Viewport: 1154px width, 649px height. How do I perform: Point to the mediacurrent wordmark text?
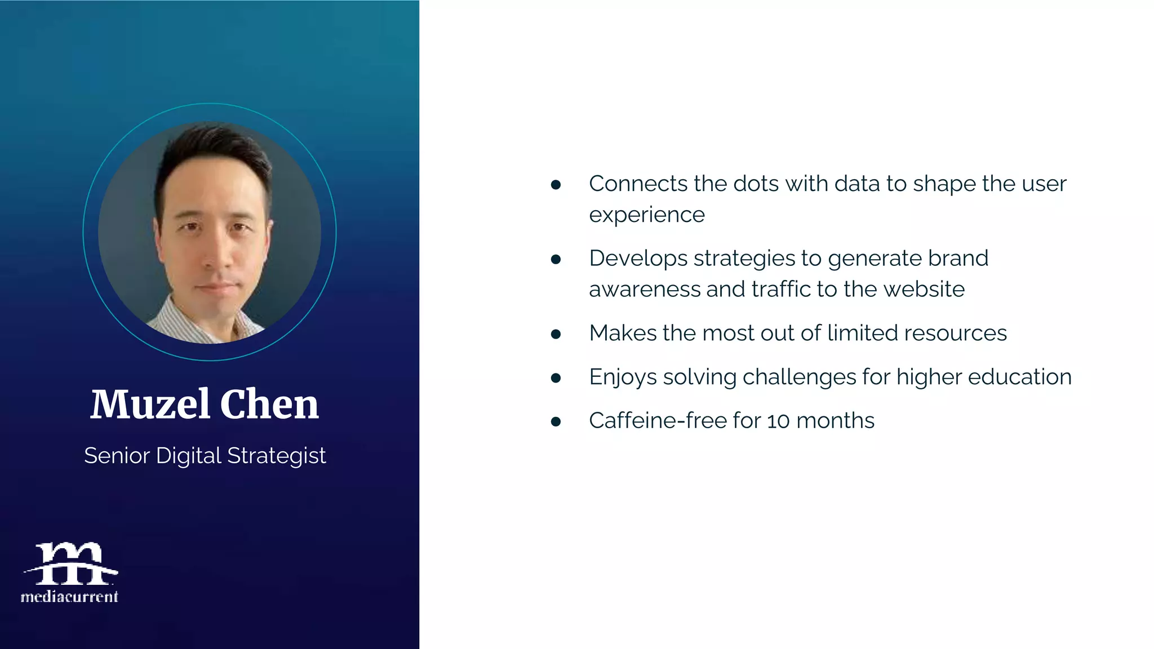[x=69, y=597]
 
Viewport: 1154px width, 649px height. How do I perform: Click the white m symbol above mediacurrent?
[x=70, y=563]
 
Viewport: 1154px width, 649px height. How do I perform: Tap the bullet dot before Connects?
[x=556, y=185]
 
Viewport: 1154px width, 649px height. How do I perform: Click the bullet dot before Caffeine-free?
[x=556, y=421]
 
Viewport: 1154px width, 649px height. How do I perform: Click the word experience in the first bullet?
[x=647, y=215]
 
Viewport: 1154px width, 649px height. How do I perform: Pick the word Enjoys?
[x=623, y=377]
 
